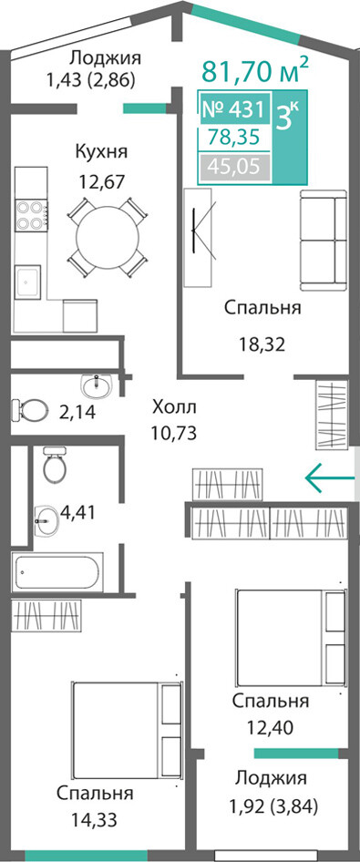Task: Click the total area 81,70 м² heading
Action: click(255, 70)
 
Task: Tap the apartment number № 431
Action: click(234, 109)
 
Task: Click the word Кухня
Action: click(101, 152)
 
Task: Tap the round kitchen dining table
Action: click(108, 238)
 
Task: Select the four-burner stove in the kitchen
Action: click(32, 215)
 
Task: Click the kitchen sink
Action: click(28, 282)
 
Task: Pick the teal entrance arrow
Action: click(330, 477)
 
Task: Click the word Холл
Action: click(174, 408)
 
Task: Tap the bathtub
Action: click(57, 572)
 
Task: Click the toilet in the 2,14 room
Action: click(29, 409)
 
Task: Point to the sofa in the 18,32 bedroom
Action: click(324, 241)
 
